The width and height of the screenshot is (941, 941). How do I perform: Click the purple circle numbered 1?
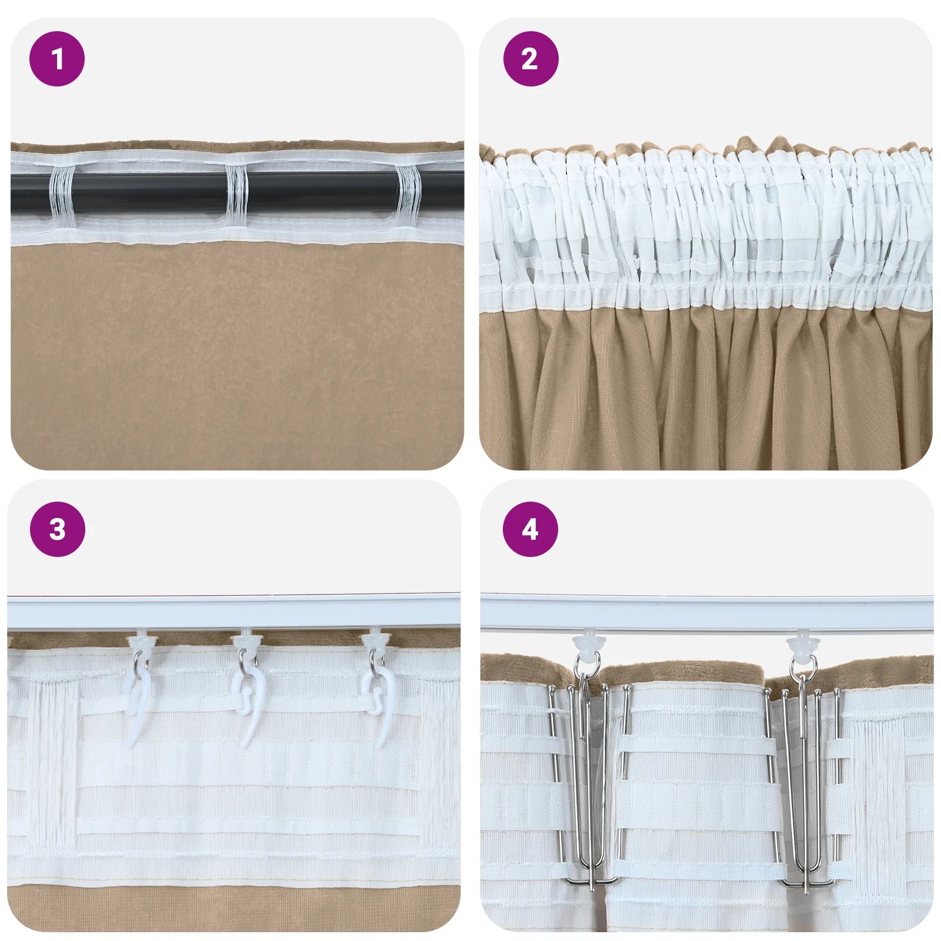click(57, 59)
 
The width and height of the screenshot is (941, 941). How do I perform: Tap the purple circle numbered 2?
click(530, 59)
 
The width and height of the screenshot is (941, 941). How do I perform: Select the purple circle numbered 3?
click(57, 529)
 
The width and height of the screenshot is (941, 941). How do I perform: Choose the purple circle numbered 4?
click(530, 529)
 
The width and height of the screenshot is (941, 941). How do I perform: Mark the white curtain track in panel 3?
click(233, 613)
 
